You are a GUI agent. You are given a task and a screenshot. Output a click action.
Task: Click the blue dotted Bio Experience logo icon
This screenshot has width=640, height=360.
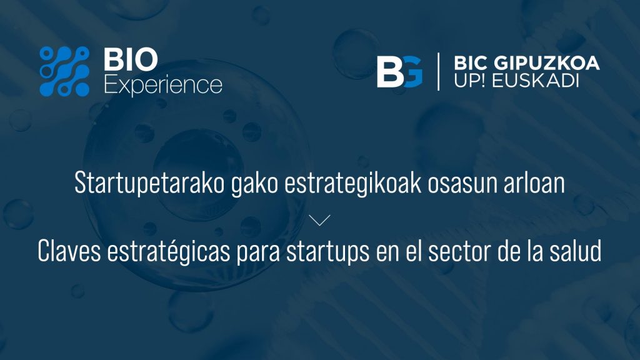click(x=64, y=71)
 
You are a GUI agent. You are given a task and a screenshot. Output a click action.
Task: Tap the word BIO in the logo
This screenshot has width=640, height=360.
click(x=131, y=59)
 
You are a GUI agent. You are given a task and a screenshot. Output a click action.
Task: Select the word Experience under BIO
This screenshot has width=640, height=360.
click(x=163, y=85)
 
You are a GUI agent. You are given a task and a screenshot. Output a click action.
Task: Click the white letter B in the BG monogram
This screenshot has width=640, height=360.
click(x=391, y=71)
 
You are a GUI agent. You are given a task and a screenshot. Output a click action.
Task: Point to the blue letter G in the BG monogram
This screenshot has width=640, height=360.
click(x=413, y=71)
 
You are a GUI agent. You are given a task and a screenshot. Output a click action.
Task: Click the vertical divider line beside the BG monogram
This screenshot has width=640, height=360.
click(x=438, y=71)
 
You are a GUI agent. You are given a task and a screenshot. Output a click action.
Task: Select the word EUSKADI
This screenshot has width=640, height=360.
click(x=536, y=81)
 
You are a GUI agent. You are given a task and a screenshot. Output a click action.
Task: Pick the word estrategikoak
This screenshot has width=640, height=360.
click(x=352, y=183)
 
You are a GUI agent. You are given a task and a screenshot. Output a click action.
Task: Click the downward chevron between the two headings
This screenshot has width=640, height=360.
click(x=319, y=220)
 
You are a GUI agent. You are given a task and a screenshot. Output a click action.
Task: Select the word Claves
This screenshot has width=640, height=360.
click(x=69, y=251)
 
